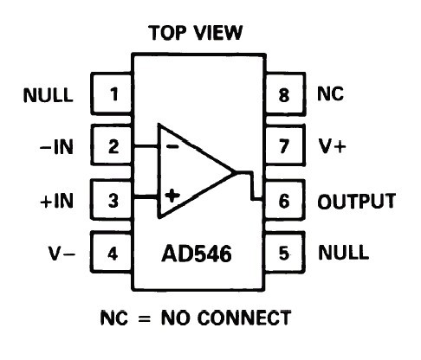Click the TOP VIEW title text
point(196,33)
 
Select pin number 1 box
point(112,93)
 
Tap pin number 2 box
point(112,145)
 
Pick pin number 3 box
point(112,200)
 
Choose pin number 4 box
point(112,253)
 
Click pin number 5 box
point(284,253)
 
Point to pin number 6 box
point(284,201)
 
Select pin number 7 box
point(284,145)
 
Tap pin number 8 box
point(284,93)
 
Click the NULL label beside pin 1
point(48,95)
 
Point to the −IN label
point(56,147)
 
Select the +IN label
point(56,201)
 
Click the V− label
point(62,254)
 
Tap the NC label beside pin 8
point(330,93)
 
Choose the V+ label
point(332,146)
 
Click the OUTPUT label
point(357,201)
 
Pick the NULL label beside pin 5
point(343,253)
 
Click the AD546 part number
point(197,254)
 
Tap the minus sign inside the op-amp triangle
point(173,147)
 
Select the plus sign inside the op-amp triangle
point(172,196)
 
